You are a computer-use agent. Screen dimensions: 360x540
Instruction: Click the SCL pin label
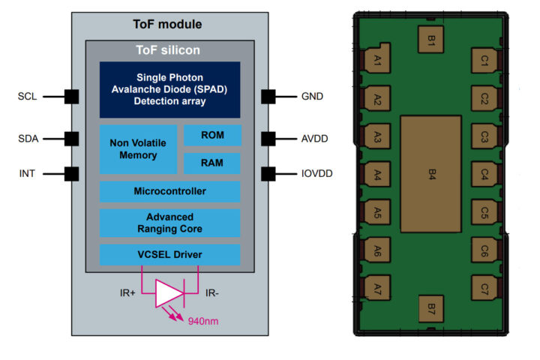28,97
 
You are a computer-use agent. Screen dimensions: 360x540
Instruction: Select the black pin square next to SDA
72,139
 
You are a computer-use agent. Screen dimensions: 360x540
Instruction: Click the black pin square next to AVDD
268,139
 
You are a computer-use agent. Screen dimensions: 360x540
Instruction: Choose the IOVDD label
316,174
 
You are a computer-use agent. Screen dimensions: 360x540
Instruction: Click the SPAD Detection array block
169,89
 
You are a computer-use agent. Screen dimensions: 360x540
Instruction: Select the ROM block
212,135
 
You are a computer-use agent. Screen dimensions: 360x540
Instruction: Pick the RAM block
212,163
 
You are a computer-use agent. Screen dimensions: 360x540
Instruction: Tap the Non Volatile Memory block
138,149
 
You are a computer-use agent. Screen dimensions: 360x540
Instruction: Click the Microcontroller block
169,191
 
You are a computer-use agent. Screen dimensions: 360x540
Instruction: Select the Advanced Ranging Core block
169,223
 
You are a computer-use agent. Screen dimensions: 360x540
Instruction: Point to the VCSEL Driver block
169,254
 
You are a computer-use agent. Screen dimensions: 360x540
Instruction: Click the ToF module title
169,24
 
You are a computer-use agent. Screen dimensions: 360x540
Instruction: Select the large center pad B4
432,174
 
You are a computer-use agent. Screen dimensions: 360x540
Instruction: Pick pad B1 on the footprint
432,42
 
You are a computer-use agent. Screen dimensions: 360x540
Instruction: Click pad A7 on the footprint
376,288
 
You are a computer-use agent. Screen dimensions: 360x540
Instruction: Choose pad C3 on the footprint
485,136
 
